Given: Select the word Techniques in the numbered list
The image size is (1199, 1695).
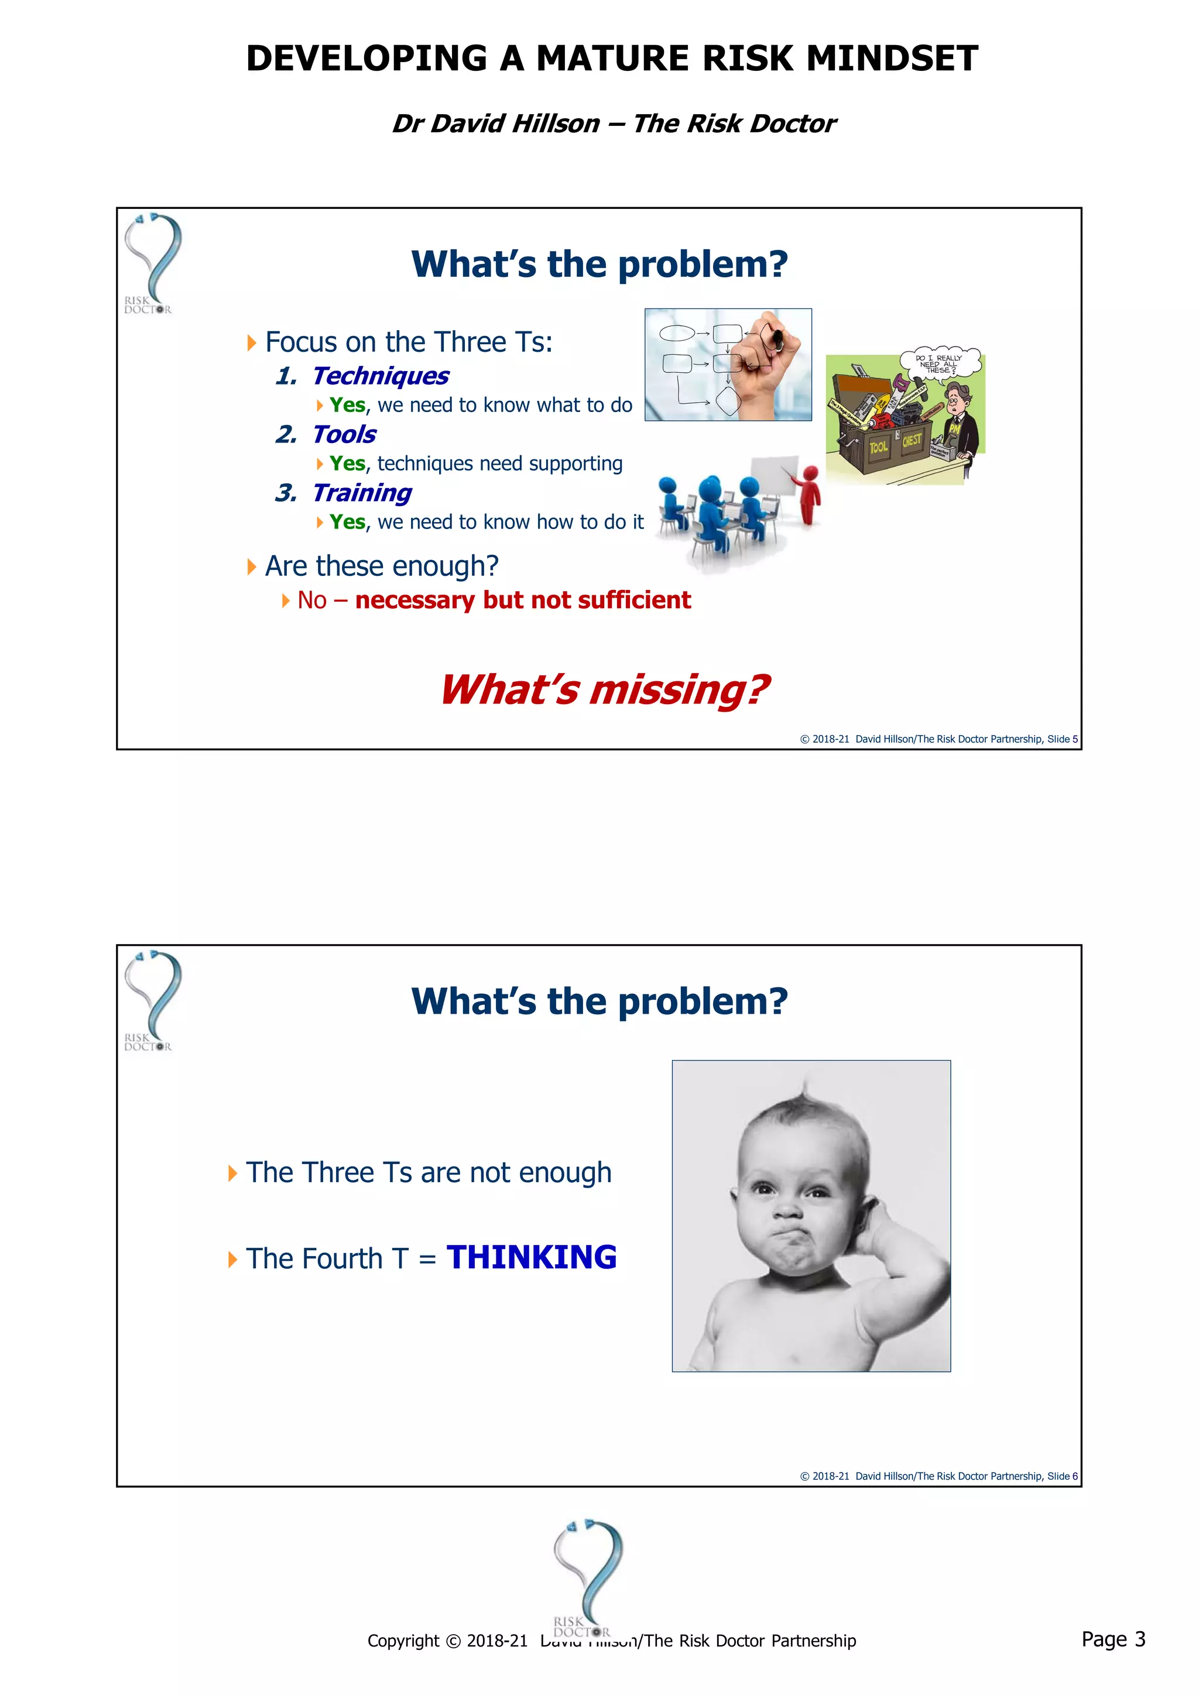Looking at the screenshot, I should pos(379,376).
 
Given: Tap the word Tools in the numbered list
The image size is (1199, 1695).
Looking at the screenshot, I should pos(344,434).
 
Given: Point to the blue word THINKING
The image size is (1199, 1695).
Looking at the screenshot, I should pos(532,1258).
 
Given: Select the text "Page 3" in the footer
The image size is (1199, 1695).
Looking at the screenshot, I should pos(1112,1639).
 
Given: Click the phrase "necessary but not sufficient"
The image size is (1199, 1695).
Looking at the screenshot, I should pos(523,600).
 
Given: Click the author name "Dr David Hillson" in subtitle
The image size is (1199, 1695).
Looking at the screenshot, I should pos(495,123).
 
